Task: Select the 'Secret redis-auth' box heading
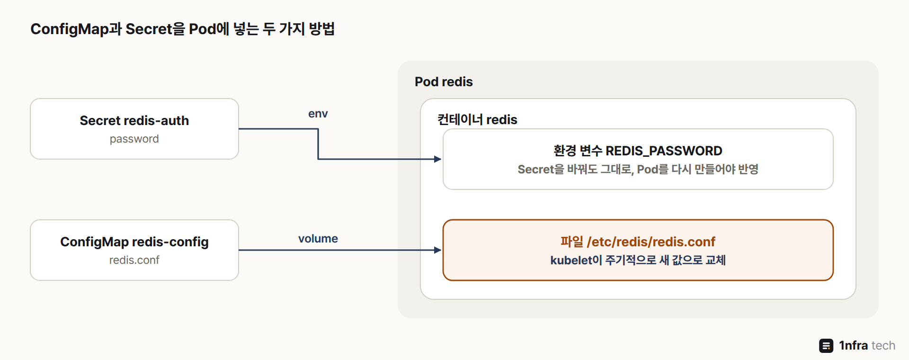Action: (x=134, y=120)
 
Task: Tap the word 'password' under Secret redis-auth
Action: (x=134, y=139)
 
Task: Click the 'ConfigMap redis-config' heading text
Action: (x=134, y=242)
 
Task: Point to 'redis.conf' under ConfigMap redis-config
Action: (x=134, y=260)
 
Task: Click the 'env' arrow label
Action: (x=318, y=114)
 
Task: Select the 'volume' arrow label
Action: (x=318, y=238)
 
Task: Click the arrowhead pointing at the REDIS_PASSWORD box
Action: (x=438, y=159)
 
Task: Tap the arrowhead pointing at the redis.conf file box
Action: (x=438, y=250)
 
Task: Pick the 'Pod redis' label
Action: (x=444, y=81)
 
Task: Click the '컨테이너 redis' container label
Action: (x=477, y=119)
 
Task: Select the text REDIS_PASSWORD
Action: (x=664, y=151)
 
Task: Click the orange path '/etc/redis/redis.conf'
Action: (x=651, y=242)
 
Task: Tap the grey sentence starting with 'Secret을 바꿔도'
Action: (x=638, y=169)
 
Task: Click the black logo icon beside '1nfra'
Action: (x=826, y=346)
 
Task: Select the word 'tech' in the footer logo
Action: (x=883, y=346)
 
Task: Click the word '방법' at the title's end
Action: (x=322, y=29)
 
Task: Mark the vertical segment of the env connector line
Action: (x=318, y=144)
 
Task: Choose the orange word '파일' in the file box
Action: (x=572, y=242)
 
